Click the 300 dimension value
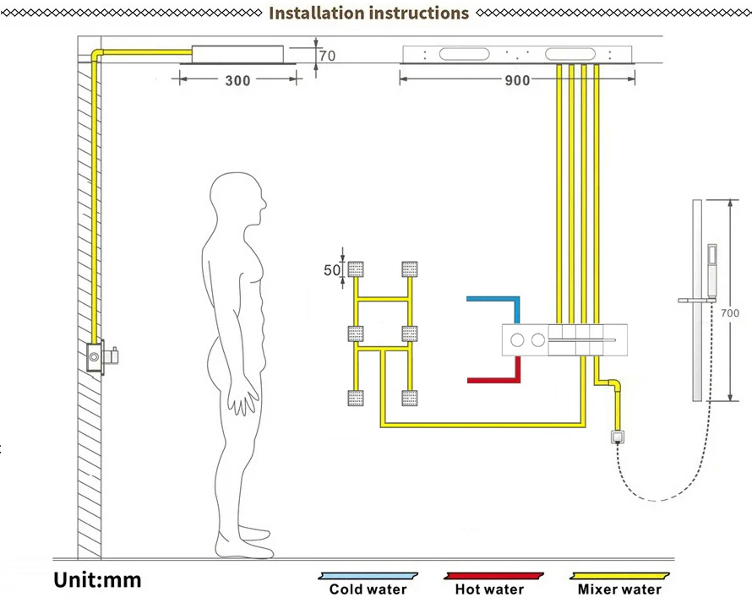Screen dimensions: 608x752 point(238,81)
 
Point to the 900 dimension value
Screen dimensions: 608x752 point(517,80)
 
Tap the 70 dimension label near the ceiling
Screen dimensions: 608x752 point(326,57)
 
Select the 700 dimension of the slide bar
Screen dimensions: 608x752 point(730,313)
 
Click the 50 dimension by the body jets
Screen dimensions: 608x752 point(332,270)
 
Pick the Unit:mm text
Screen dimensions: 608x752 point(98,580)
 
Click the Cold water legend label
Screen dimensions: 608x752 point(368,589)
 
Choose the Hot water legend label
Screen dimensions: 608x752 point(489,589)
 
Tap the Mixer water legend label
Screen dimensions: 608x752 point(619,589)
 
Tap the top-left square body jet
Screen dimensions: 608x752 point(357,270)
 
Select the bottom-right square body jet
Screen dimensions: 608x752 point(411,397)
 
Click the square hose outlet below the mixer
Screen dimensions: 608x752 point(618,437)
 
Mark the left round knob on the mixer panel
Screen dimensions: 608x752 point(517,339)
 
